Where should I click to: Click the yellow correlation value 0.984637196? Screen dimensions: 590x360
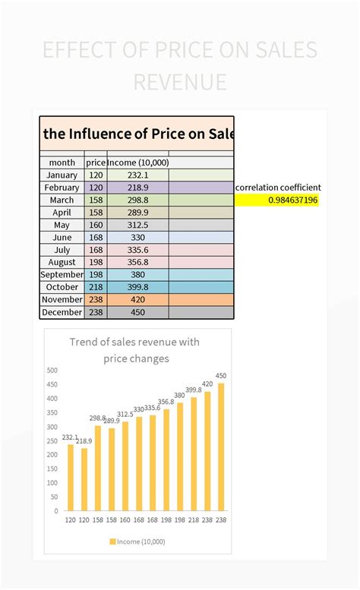293,200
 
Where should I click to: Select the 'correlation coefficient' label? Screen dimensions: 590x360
278,187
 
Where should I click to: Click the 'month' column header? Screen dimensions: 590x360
62,162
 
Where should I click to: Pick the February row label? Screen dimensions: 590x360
62,188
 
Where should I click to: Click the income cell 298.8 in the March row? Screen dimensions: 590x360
137,200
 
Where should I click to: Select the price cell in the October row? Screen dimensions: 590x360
96,287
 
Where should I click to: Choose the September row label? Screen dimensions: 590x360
62,275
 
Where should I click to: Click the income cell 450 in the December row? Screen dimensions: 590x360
137,312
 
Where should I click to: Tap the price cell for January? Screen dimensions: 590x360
96,175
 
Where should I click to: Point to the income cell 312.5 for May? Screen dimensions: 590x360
137,225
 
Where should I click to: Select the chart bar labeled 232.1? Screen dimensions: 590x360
71,477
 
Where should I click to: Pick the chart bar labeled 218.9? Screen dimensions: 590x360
84,479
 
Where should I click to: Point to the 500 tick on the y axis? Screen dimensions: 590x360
52,371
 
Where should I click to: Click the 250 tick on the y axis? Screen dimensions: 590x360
52,441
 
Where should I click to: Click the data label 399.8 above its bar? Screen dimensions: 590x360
194,390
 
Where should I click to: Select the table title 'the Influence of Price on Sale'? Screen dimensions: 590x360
137,134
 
